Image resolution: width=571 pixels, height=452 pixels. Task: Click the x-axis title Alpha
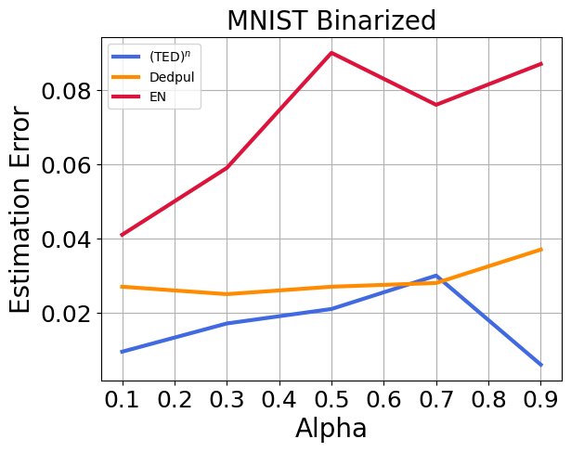pyautogui.click(x=331, y=429)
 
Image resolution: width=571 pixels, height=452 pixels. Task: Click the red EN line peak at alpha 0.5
pyautogui.click(x=331, y=53)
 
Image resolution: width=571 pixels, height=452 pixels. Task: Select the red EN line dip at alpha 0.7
pyautogui.click(x=436, y=105)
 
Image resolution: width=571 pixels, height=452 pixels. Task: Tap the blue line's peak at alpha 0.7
pyautogui.click(x=436, y=276)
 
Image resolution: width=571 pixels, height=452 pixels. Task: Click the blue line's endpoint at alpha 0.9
pyautogui.click(x=541, y=365)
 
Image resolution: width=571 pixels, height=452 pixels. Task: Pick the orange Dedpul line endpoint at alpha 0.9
pyautogui.click(x=541, y=250)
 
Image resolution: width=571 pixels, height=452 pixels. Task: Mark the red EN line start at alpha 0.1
pyautogui.click(x=122, y=235)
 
